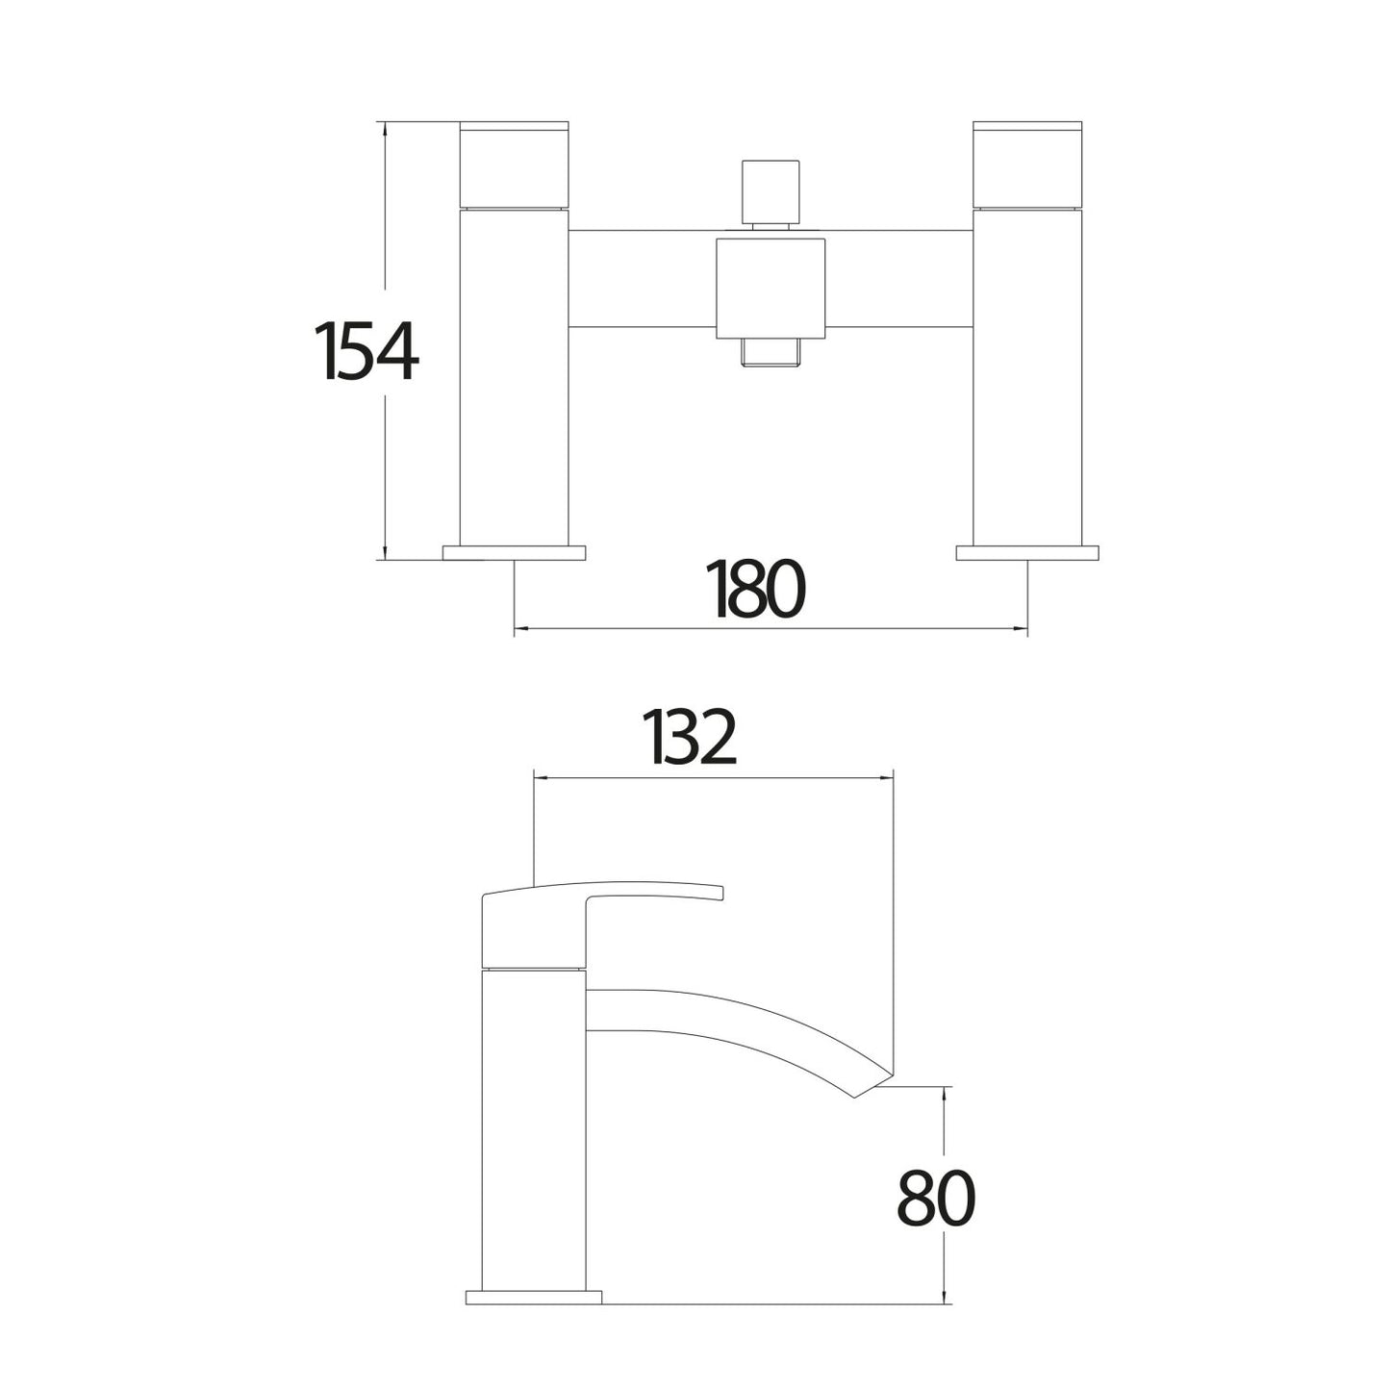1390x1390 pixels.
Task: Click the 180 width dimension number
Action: [756, 589]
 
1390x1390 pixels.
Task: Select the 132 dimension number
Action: [691, 738]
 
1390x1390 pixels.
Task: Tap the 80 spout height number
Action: [936, 1199]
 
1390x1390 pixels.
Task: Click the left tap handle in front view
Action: [515, 164]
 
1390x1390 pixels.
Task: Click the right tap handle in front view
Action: [1028, 164]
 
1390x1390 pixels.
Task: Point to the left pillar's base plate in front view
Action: [515, 553]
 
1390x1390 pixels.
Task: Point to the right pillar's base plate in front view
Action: [1027, 553]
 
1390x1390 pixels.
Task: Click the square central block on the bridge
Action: [771, 285]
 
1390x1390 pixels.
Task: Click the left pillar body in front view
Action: [515, 375]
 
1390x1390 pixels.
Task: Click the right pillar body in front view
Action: [1028, 375]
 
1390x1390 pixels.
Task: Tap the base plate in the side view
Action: [533, 1297]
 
